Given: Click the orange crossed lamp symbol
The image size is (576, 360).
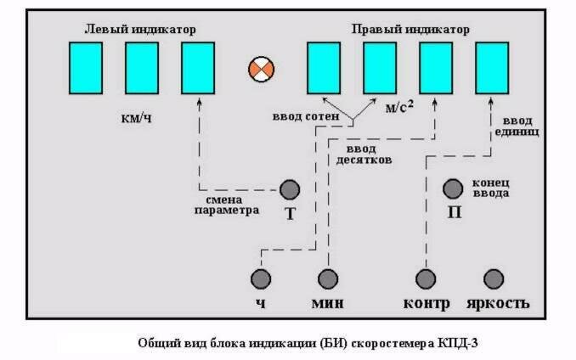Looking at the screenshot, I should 258,69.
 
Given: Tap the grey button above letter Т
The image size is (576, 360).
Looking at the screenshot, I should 291,188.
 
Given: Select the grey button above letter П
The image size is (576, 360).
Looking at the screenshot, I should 453,188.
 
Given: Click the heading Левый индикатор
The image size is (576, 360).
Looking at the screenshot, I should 140,29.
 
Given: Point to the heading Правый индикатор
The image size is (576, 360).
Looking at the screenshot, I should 410,29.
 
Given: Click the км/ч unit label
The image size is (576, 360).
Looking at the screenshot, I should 137,117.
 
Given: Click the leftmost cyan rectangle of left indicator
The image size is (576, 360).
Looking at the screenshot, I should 86,68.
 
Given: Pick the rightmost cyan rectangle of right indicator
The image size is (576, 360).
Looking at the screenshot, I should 492,68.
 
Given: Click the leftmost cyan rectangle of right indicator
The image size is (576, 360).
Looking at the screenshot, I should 324,68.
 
